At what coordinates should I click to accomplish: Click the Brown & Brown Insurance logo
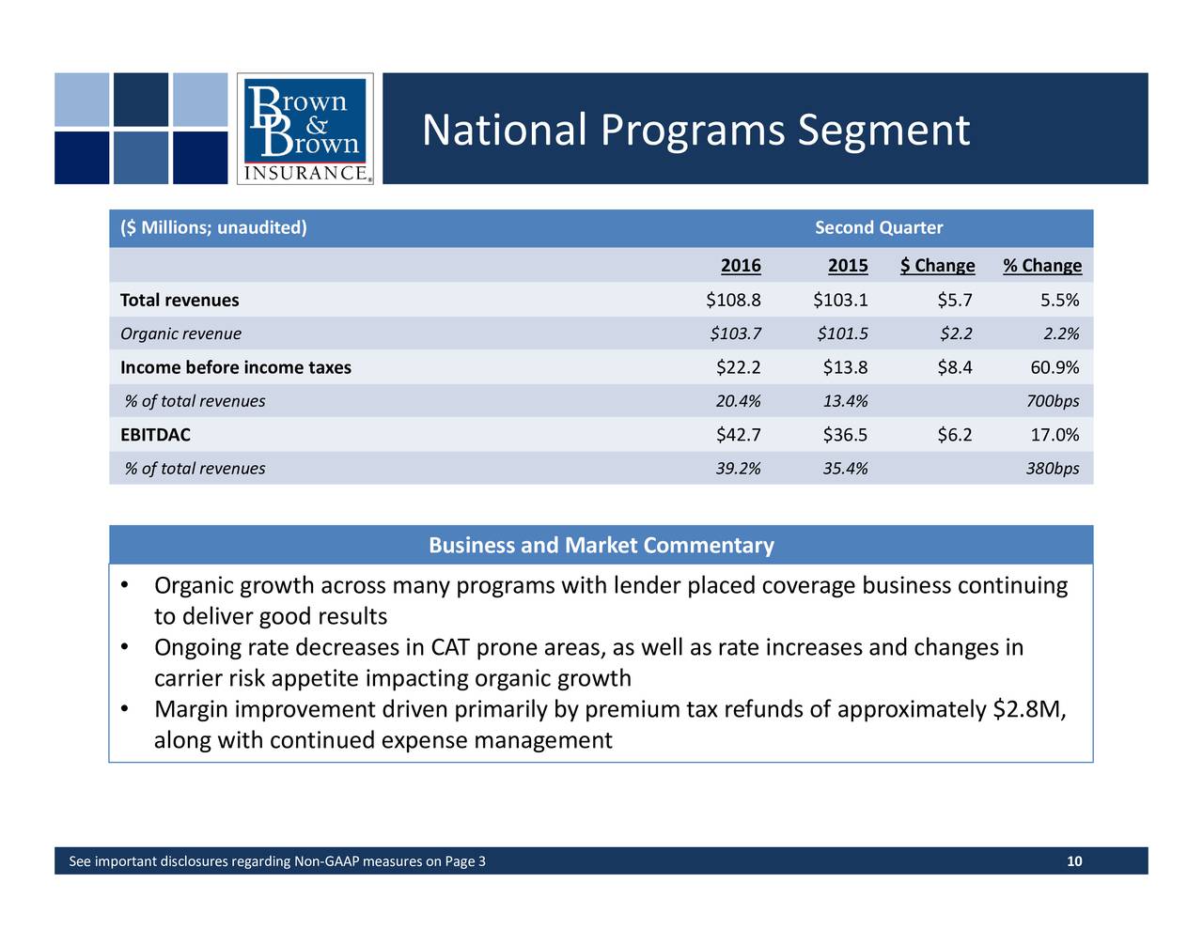click(x=305, y=129)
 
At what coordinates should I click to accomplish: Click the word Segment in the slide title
click(x=883, y=130)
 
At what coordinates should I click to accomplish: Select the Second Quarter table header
click(x=878, y=228)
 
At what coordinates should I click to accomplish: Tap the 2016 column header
click(x=741, y=266)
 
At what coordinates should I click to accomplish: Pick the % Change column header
click(x=1041, y=266)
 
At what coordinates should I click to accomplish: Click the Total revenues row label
click(x=180, y=301)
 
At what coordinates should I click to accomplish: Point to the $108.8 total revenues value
click(x=733, y=301)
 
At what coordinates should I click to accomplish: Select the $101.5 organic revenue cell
click(x=842, y=333)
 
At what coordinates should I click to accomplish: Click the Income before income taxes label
click(x=236, y=367)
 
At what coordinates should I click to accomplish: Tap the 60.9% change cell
click(x=1055, y=367)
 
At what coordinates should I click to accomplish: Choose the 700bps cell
click(x=1052, y=401)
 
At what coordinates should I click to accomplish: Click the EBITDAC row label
click(x=155, y=435)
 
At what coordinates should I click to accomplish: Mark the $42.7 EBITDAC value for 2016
click(x=738, y=435)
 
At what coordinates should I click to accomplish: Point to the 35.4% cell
click(x=845, y=469)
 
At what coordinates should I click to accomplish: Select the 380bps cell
click(x=1052, y=469)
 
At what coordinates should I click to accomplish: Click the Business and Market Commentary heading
click(x=601, y=546)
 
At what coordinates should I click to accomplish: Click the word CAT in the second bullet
click(x=451, y=648)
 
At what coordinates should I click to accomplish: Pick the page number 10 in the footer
click(x=1074, y=862)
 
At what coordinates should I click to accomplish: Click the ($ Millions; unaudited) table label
click(x=213, y=228)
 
